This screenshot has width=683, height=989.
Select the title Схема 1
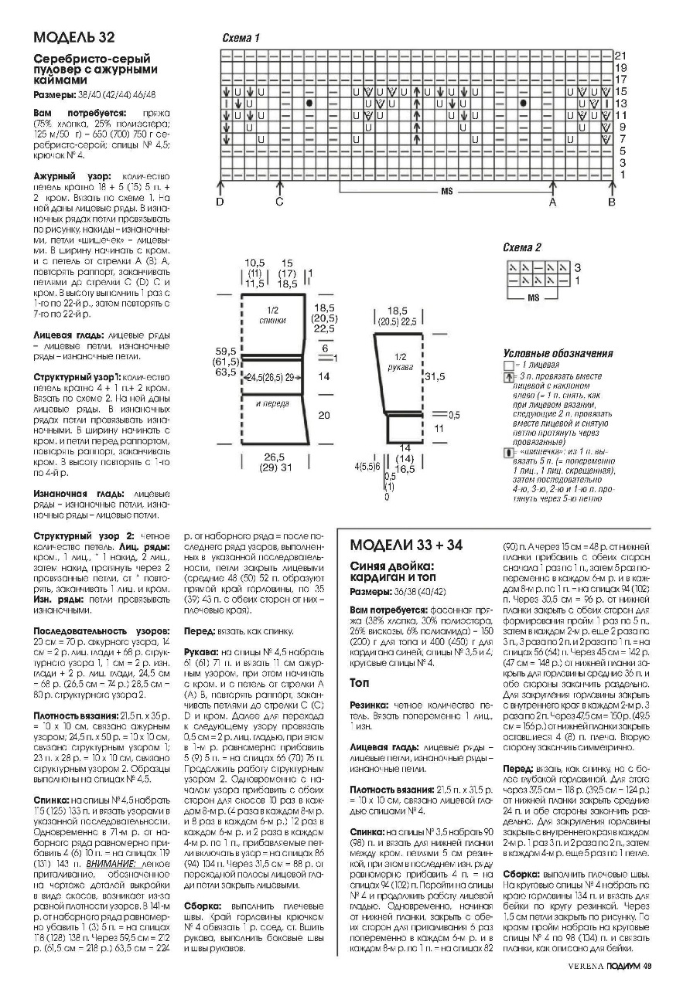pyautogui.click(x=241, y=38)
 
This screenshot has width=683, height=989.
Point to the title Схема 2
pyautogui.click(x=523, y=247)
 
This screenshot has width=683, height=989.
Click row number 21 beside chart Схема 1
pyautogui.click(x=620, y=56)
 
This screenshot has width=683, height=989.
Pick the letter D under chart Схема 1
pyautogui.click(x=220, y=202)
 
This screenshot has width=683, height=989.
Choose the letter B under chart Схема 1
pyautogui.click(x=611, y=202)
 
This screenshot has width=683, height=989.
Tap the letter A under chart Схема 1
pyautogui.click(x=552, y=202)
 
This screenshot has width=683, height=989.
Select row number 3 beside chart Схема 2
pyautogui.click(x=577, y=267)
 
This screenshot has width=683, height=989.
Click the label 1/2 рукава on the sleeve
pyautogui.click(x=401, y=362)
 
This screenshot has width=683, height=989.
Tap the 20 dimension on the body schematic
pyautogui.click(x=324, y=416)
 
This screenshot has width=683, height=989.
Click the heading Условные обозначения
pyautogui.click(x=558, y=353)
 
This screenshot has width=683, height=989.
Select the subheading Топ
pyautogui.click(x=359, y=683)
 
